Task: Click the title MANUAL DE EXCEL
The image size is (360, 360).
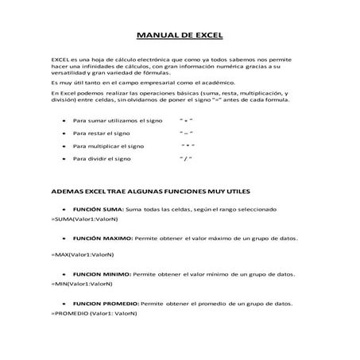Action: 180,36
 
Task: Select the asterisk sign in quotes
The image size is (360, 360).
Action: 188,146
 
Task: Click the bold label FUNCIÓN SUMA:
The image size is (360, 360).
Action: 96,209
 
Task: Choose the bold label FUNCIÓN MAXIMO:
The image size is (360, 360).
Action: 102,238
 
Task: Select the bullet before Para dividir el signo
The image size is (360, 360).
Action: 63,159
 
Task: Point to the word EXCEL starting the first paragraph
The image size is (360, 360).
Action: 60,60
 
